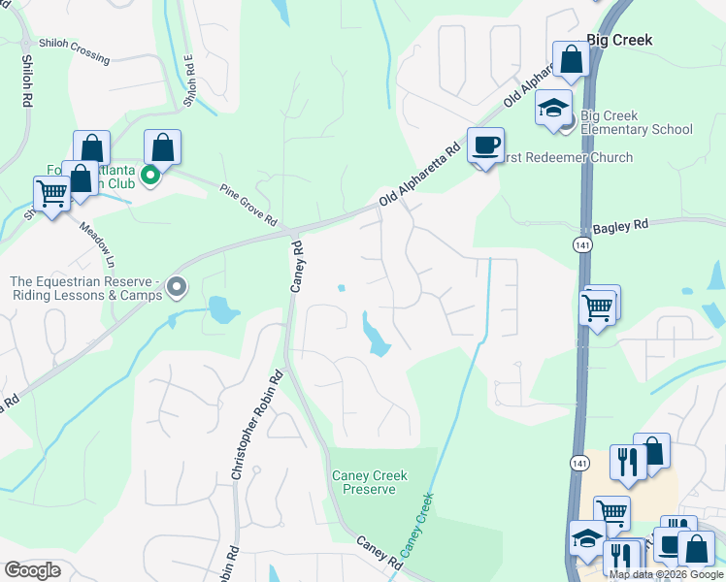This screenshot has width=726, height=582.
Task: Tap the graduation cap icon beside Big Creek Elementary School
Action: coord(553,107)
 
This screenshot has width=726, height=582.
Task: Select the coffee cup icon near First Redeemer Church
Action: coord(485,146)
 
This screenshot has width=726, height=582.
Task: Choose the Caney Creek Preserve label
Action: coord(369,482)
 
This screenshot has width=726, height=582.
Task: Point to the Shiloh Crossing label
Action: coord(75,50)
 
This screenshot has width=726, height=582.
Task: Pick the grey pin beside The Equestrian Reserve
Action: coord(177,287)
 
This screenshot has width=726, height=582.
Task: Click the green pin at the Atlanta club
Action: coord(149,176)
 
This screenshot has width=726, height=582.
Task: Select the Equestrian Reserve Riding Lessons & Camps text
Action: coord(85,288)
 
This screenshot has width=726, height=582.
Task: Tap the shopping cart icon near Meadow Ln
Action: coord(50,193)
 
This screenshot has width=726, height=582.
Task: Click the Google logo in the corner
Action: coord(33,570)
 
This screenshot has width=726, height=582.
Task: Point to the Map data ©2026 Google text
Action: coord(665,574)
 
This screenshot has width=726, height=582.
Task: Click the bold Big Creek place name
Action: coord(619,40)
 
